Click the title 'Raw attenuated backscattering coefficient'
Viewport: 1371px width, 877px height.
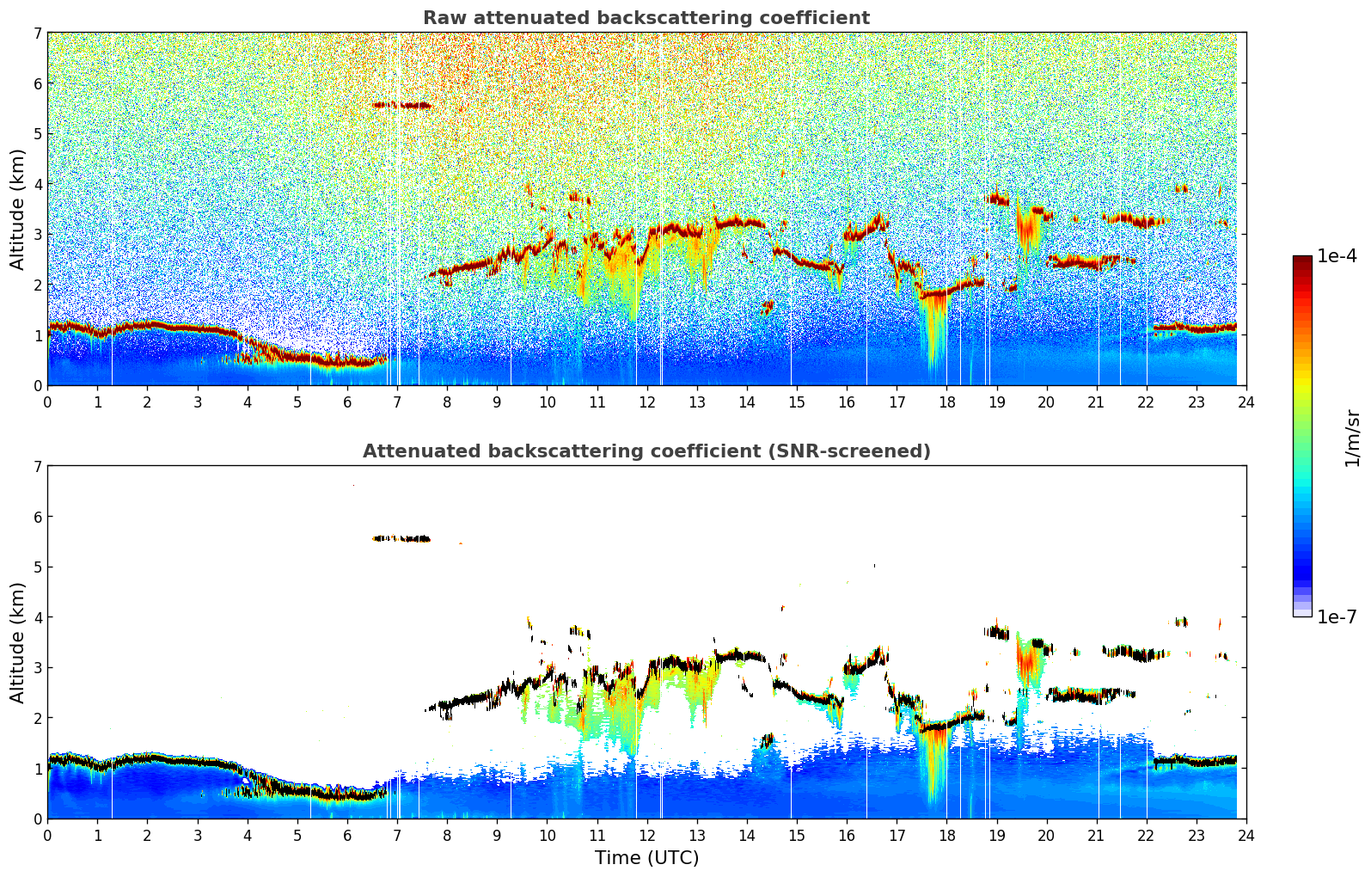[x=646, y=18]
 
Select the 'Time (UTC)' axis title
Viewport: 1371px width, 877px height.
[x=646, y=858]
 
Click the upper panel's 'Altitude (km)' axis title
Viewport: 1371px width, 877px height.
[x=18, y=209]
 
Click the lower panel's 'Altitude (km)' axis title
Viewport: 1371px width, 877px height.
[x=18, y=642]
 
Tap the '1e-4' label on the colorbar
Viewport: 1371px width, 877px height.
[x=1337, y=256]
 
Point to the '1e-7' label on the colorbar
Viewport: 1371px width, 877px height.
[x=1337, y=616]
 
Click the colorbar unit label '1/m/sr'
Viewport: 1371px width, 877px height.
[x=1352, y=438]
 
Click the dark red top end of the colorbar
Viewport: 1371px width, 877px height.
[x=1302, y=260]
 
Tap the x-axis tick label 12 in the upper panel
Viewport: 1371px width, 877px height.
[x=646, y=402]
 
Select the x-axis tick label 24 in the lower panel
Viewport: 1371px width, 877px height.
[x=1246, y=836]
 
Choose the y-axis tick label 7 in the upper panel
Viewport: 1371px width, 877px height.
[x=38, y=33]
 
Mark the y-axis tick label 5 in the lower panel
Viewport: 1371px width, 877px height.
[x=38, y=567]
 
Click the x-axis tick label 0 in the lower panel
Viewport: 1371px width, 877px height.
[x=47, y=836]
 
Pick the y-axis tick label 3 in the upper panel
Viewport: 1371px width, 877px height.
[x=38, y=234]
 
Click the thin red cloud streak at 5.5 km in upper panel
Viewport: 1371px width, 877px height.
[x=402, y=105]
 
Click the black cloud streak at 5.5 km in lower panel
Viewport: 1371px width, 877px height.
[x=402, y=538]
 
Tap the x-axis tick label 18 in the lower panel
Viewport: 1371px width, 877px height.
[x=946, y=836]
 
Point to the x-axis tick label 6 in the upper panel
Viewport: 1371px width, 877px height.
[x=347, y=402]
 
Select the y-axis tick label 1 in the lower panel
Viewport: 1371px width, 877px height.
[x=38, y=768]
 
